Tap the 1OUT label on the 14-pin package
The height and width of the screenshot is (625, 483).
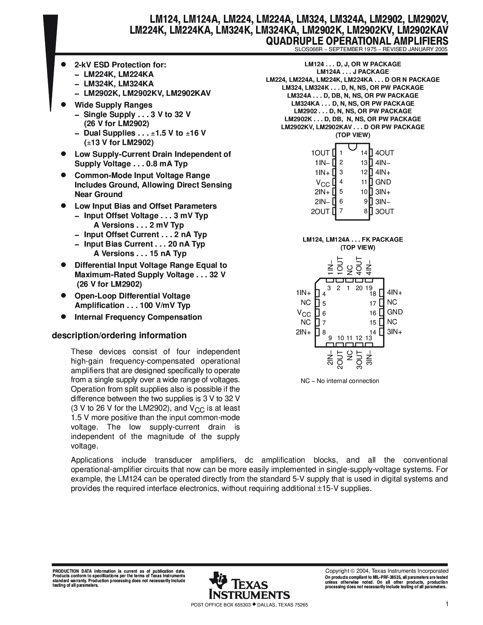(x=320, y=153)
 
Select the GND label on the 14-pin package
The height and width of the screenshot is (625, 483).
(x=383, y=182)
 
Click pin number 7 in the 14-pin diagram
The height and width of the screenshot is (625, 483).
(x=341, y=211)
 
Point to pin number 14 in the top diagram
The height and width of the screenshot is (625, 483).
(x=364, y=153)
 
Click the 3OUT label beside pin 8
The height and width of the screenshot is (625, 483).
(x=385, y=211)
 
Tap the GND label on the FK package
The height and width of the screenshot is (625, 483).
(x=395, y=312)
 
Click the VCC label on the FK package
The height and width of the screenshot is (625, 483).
(x=304, y=313)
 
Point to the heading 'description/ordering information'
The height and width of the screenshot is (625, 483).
(x=119, y=336)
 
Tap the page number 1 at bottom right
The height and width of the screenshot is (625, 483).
(x=447, y=605)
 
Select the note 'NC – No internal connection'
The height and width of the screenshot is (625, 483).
(x=340, y=381)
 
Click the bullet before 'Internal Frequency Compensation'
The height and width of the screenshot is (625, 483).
(x=64, y=317)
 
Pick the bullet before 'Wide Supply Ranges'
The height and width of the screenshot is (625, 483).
(x=64, y=105)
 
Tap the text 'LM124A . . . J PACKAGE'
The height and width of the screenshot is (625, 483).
(x=353, y=72)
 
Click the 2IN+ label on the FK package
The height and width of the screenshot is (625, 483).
(x=303, y=332)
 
